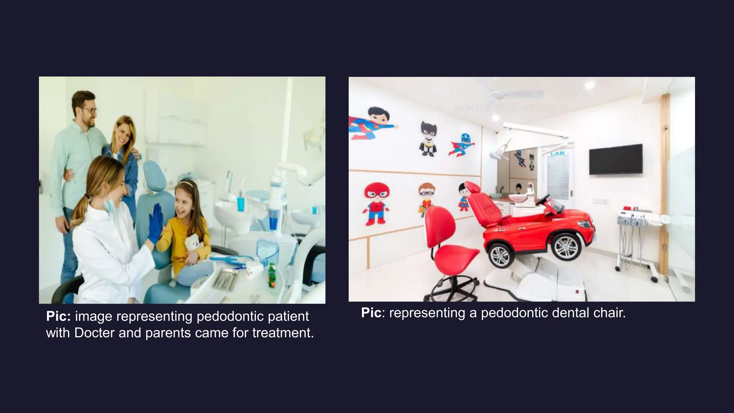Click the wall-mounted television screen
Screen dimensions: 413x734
615,159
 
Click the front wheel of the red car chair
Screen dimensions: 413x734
566,247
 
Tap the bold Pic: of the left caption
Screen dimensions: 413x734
58,317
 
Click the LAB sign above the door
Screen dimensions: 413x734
557,153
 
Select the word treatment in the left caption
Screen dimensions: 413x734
283,333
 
